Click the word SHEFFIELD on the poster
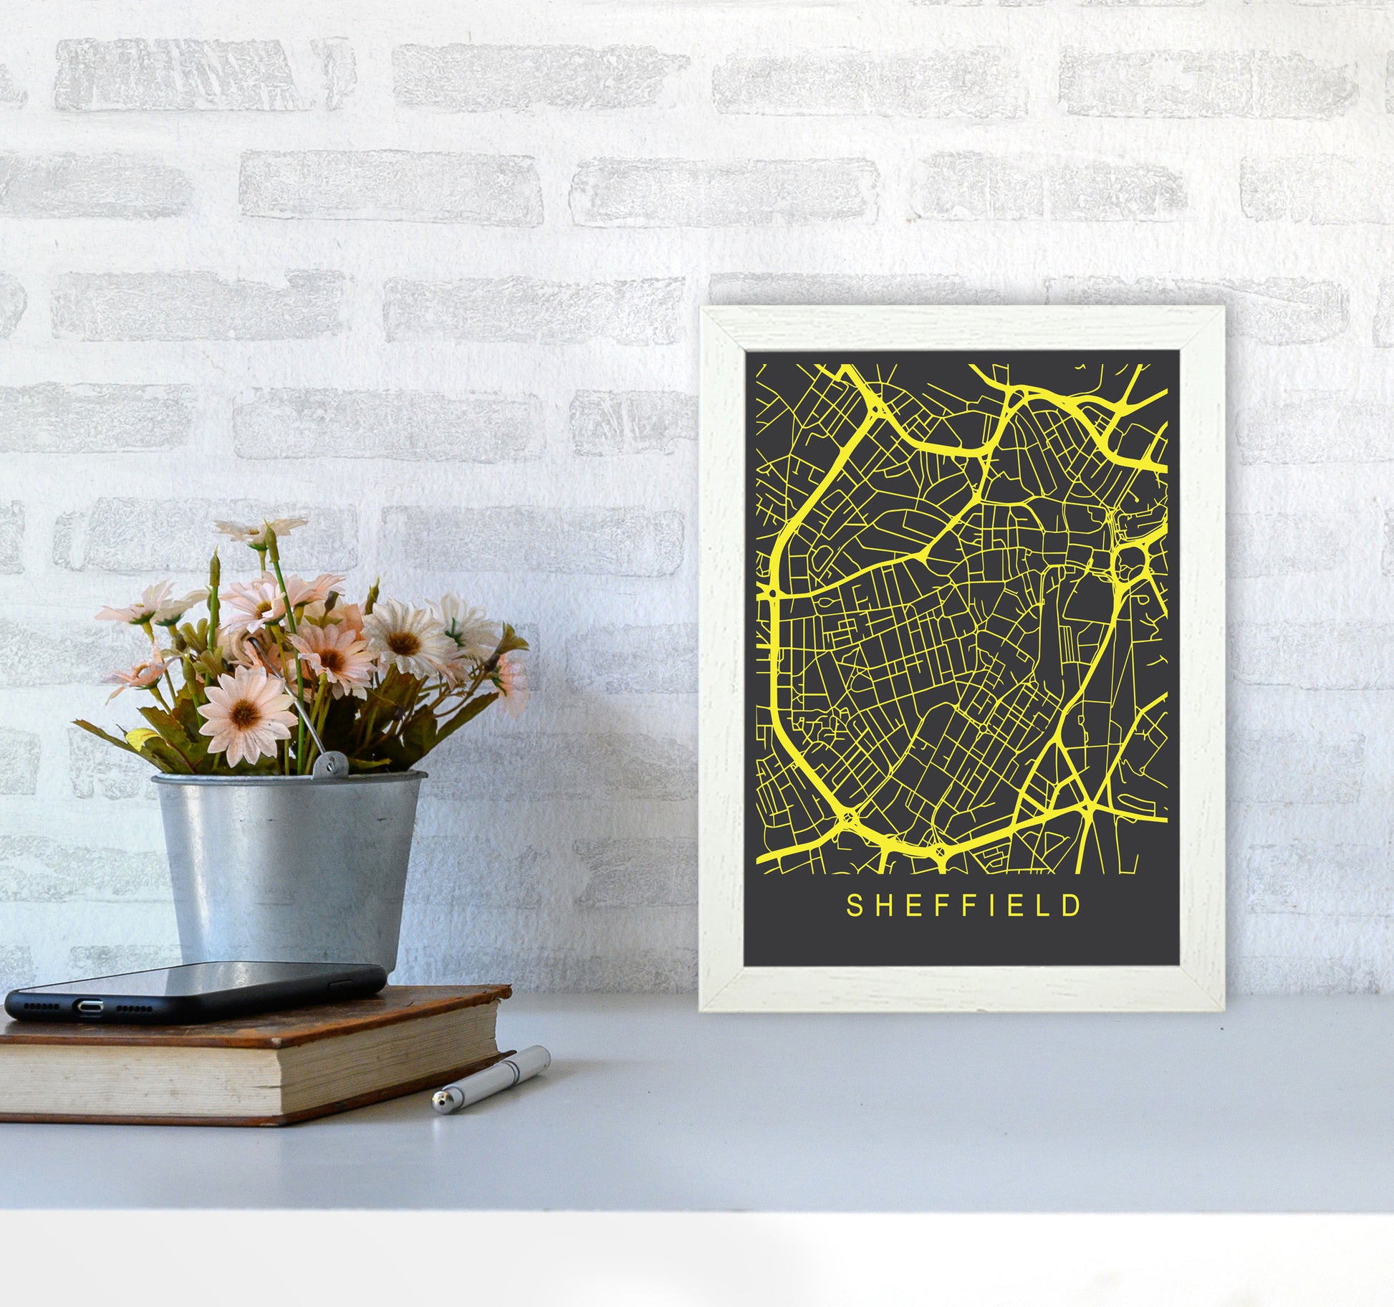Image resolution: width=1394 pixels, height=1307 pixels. (x=963, y=905)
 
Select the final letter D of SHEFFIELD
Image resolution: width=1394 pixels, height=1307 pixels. (x=1072, y=905)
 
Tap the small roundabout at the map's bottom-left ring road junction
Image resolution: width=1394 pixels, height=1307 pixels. (x=847, y=818)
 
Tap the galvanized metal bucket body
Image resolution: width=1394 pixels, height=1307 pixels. (x=287, y=860)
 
